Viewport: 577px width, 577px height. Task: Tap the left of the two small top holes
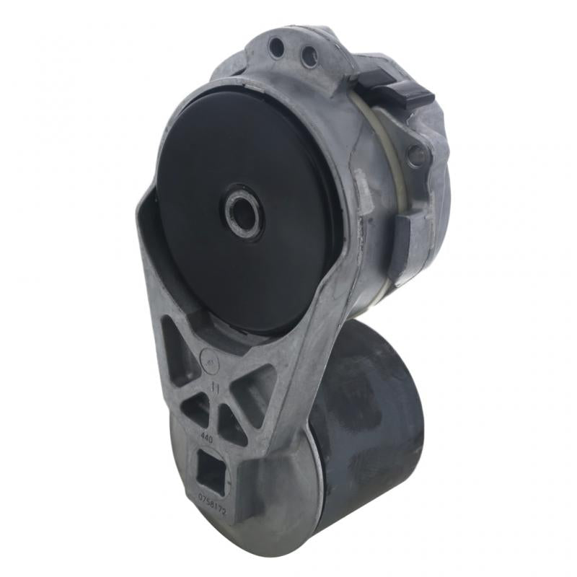pyautogui.click(x=276, y=48)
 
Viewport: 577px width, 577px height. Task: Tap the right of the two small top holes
pyautogui.click(x=308, y=54)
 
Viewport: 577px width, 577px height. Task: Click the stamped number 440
pyautogui.click(x=206, y=438)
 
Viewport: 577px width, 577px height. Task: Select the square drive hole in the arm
pyautogui.click(x=212, y=472)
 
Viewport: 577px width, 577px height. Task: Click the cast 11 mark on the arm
pyautogui.click(x=214, y=388)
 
